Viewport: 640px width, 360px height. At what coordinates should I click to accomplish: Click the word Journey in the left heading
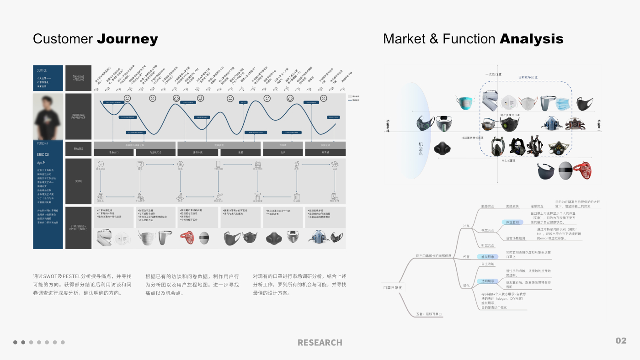point(128,39)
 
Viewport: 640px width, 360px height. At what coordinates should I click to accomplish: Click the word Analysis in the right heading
point(532,39)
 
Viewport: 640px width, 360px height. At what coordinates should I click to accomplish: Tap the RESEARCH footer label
point(320,342)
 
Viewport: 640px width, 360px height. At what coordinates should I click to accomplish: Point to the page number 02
point(621,341)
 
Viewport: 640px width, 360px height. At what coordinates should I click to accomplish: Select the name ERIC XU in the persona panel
point(43,154)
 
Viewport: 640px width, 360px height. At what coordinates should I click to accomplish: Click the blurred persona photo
point(48,116)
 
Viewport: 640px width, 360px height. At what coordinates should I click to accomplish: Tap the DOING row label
point(78,181)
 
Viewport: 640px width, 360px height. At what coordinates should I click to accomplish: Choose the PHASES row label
point(78,149)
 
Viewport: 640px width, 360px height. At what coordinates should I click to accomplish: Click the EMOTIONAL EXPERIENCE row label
point(78,116)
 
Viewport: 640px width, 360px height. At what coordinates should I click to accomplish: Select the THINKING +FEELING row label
point(78,78)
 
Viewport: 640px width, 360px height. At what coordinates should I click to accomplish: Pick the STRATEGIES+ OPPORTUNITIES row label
point(78,227)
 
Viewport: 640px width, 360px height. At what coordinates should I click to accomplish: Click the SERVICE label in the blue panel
point(42,70)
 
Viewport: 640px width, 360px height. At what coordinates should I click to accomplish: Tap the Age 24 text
point(42,163)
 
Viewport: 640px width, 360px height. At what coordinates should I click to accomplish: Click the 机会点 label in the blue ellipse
point(421,148)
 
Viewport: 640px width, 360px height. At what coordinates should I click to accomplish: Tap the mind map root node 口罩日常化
point(393,287)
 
